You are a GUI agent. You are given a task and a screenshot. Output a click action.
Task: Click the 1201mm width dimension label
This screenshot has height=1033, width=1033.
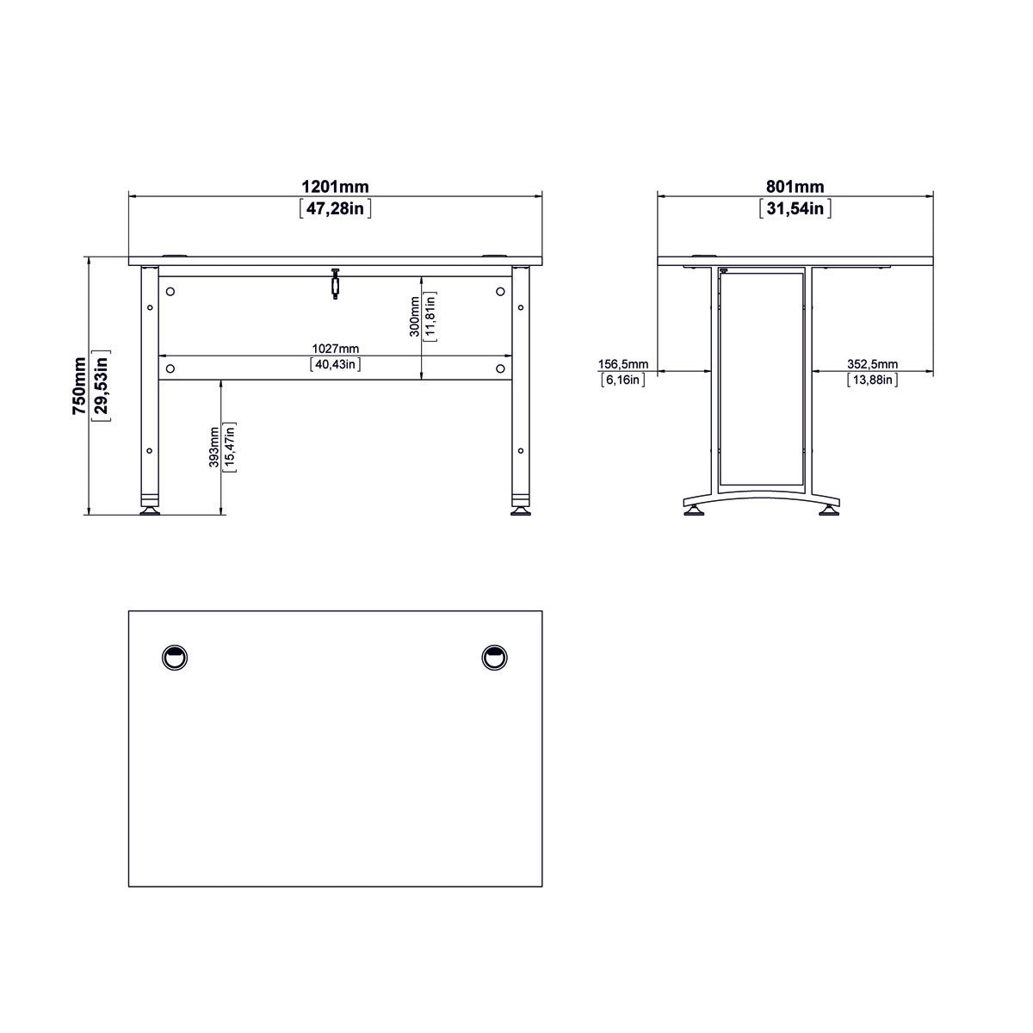click(335, 187)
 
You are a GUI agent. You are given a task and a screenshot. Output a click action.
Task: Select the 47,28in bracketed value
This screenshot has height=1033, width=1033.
click(335, 208)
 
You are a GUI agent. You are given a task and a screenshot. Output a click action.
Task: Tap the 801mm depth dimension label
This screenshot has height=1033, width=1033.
click(795, 187)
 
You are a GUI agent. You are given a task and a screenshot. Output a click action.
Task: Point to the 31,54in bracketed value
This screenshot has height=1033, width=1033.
click(795, 208)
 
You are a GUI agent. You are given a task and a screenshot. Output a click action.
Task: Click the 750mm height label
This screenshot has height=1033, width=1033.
click(79, 387)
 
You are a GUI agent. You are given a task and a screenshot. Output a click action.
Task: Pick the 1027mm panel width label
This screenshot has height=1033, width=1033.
click(335, 349)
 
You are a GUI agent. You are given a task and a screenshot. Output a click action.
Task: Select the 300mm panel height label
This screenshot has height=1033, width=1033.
click(415, 316)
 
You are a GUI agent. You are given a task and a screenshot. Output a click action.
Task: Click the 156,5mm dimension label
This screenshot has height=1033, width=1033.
click(623, 364)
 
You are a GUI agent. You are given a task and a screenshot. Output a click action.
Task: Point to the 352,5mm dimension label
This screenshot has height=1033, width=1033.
click(872, 364)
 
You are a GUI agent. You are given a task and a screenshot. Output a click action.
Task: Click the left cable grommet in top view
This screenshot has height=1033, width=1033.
click(175, 657)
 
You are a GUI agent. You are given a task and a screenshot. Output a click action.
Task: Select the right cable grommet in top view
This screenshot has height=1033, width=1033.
click(494, 657)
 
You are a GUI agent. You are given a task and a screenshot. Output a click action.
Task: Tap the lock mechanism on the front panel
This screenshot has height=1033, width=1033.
click(334, 284)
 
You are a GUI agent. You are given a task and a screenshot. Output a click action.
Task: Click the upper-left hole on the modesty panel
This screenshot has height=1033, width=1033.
click(170, 291)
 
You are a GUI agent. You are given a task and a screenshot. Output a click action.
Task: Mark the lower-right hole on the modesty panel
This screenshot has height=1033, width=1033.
click(500, 368)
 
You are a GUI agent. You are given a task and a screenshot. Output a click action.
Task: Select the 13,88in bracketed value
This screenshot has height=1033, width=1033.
click(872, 380)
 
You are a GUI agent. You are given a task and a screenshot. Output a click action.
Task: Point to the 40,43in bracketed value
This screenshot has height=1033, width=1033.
click(335, 364)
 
